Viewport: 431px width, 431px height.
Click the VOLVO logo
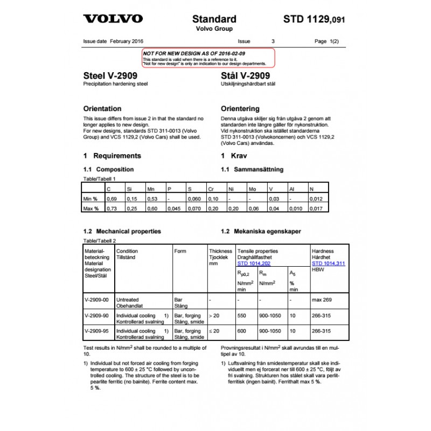pos(113,19)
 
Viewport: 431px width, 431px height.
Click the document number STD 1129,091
pos(314,19)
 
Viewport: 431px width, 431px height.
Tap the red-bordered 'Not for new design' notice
pos(208,57)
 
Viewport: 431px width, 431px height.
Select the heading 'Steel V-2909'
pos(110,76)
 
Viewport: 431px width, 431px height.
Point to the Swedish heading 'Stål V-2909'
pos(246,76)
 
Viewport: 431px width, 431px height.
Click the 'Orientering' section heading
pos(240,108)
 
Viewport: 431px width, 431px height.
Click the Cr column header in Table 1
pos(212,189)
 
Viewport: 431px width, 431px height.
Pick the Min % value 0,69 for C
pos(111,199)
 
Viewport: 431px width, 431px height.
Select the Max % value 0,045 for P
pos(173,208)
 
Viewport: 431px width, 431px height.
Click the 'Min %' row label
pos(91,199)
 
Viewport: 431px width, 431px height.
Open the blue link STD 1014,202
pos(254,263)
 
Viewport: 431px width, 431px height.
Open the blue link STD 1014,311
pos(328,263)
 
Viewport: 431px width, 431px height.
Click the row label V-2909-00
pos(96,300)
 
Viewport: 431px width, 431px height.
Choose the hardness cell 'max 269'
pos(322,300)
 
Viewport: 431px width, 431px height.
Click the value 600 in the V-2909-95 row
pos(241,331)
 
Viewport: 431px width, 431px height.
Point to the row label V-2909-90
pos(96,316)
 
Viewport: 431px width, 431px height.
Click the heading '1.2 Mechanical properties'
pos(122,231)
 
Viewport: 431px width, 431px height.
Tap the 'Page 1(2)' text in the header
pos(326,41)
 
